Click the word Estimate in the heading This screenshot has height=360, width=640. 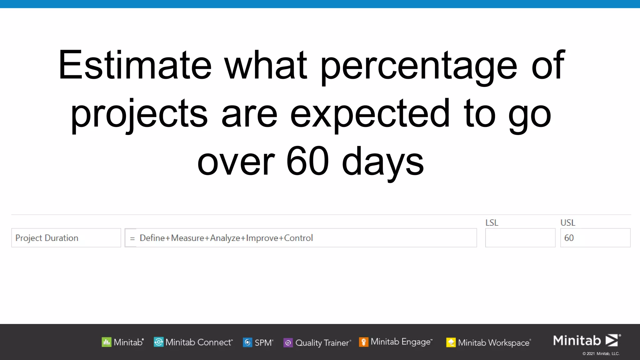(x=135, y=65)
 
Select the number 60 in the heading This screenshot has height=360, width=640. (x=307, y=161)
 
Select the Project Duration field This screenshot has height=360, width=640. (x=66, y=238)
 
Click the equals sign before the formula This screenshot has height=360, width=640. (x=132, y=238)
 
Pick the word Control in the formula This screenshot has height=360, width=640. (x=298, y=238)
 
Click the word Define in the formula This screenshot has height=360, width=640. (x=152, y=238)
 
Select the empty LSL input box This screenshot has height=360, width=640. (x=520, y=238)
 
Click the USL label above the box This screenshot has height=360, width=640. (x=567, y=222)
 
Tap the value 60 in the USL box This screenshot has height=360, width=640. (x=569, y=238)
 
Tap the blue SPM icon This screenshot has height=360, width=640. (x=247, y=342)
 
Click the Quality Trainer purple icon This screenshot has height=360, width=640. (x=288, y=343)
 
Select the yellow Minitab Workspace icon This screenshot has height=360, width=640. (x=451, y=342)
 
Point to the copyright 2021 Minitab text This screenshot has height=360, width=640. (x=601, y=354)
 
